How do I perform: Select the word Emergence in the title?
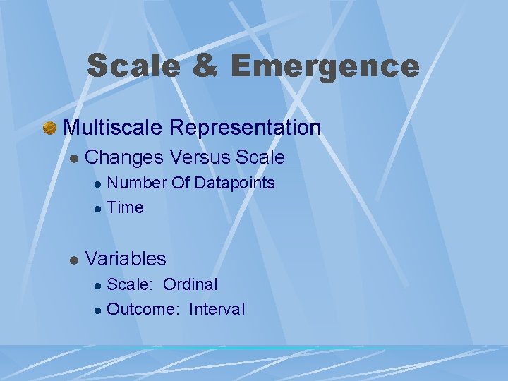click(325, 66)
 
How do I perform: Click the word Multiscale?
click(113, 128)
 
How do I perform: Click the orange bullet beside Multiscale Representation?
click(49, 128)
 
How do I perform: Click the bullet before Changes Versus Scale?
click(73, 158)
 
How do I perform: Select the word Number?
click(137, 183)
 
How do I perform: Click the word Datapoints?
click(234, 183)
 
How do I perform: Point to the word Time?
click(126, 207)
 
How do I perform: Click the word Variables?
click(126, 258)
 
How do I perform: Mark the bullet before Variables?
click(73, 260)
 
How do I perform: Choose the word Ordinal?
click(190, 284)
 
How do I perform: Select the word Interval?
click(217, 309)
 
